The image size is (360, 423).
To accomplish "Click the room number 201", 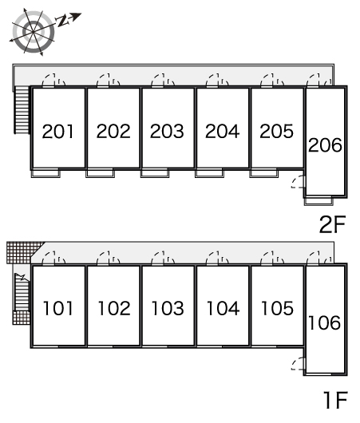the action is [57, 132].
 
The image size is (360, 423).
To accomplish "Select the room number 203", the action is [167, 132].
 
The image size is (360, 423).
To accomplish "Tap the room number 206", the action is [325, 145].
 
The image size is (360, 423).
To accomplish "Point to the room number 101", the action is [57, 308].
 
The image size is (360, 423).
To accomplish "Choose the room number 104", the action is [223, 308].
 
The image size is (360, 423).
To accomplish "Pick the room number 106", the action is [324, 322].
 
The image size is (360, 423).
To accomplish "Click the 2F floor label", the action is [332, 224].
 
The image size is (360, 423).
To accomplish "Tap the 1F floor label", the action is [335, 400].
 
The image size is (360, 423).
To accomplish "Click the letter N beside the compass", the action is [61, 21].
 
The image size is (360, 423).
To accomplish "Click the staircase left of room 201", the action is [22, 109].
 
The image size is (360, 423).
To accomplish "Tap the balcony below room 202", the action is [100, 173].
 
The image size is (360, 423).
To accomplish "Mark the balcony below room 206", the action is [318, 201].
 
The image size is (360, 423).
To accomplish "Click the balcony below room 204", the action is [209, 173].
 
